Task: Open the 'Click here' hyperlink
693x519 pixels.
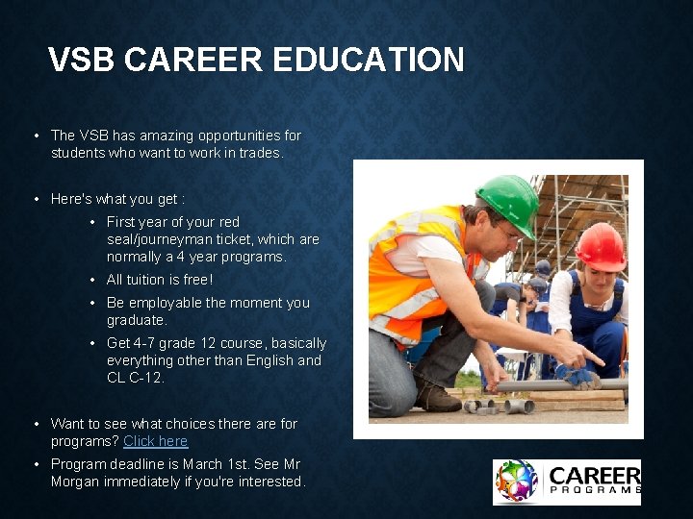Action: click(x=155, y=441)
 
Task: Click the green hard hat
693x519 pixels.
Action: click(x=507, y=200)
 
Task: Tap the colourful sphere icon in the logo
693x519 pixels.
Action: click(x=516, y=482)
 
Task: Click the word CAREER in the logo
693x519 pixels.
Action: click(x=593, y=475)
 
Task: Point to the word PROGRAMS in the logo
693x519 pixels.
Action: click(x=593, y=491)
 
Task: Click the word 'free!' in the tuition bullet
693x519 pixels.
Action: click(x=196, y=280)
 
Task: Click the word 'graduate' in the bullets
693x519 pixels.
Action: click(x=135, y=320)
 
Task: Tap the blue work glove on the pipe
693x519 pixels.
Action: click(x=579, y=378)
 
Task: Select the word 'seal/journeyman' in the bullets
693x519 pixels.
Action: click(x=154, y=239)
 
